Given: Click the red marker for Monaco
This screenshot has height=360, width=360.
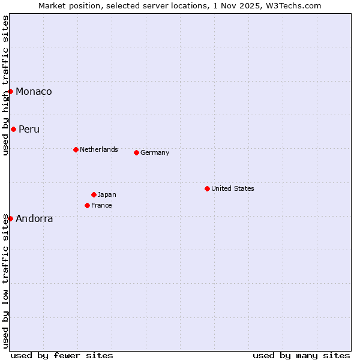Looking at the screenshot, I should pyautogui.click(x=11, y=91).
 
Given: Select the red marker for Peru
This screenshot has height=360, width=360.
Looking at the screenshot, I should pyautogui.click(x=13, y=129).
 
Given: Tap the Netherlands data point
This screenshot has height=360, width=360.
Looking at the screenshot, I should pyautogui.click(x=76, y=149).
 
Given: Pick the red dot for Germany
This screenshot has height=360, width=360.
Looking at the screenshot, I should pyautogui.click(x=136, y=152).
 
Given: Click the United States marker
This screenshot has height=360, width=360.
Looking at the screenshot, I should pyautogui.click(x=207, y=188).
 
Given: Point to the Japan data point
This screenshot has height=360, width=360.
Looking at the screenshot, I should pyautogui.click(x=94, y=194).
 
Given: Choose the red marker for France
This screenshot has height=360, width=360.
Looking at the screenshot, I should pyautogui.click(x=87, y=205).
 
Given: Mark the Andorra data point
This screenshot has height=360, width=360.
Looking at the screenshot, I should pyautogui.click(x=11, y=218).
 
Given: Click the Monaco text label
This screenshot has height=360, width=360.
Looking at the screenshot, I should pyautogui.click(x=34, y=91).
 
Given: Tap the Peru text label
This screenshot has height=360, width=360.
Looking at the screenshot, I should pyautogui.click(x=29, y=129).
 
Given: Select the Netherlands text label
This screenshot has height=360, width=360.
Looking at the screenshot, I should pyautogui.click(x=99, y=149).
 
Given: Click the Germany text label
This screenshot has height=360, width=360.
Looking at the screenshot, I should pyautogui.click(x=155, y=152).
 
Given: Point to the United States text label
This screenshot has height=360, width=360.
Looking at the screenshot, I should pyautogui.click(x=233, y=188).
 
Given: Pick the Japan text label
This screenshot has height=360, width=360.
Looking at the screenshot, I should pyautogui.click(x=107, y=194).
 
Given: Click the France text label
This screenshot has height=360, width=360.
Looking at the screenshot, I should pyautogui.click(x=101, y=205).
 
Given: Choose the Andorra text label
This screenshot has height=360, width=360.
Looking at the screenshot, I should pyautogui.click(x=34, y=218).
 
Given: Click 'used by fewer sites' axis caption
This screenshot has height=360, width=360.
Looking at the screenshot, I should pyautogui.click(x=62, y=355).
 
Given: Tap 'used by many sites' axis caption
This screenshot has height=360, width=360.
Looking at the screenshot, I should pyautogui.click(x=301, y=355).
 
